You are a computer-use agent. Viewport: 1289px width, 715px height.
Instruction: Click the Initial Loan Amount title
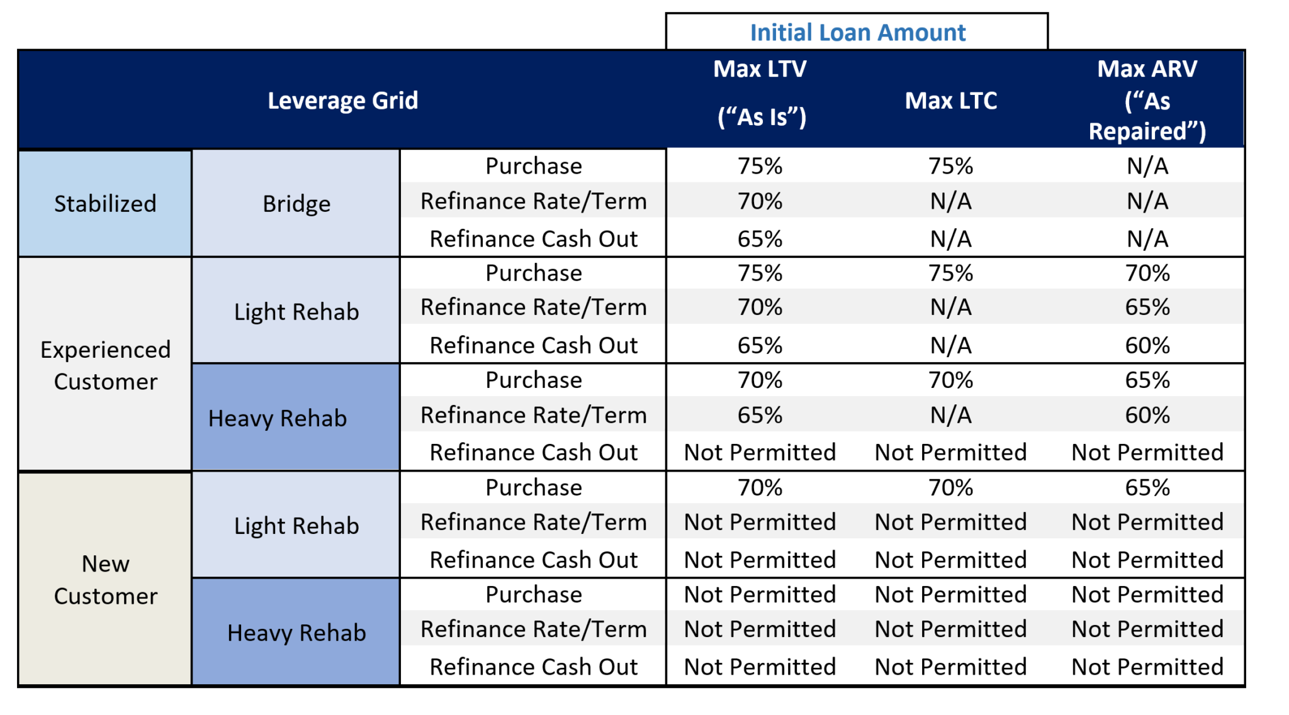857,33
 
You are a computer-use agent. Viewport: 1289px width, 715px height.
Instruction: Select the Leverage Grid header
342,101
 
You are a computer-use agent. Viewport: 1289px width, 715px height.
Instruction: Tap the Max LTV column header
760,92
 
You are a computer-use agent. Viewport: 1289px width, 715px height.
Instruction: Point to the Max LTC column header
950,101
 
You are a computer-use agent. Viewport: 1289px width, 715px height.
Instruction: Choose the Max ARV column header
1147,100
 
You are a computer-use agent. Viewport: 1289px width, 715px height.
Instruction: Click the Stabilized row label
105,204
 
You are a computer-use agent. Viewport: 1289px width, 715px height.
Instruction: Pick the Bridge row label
296,204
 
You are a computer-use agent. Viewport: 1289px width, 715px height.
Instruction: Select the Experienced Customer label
105,365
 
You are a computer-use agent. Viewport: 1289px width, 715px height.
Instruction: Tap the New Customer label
105,580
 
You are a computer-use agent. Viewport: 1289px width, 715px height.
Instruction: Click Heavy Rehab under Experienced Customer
278,418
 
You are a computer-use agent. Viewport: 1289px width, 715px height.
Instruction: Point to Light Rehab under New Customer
296,526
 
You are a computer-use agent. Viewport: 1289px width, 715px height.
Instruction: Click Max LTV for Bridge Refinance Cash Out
760,239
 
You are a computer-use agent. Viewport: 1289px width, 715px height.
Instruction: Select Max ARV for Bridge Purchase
1147,166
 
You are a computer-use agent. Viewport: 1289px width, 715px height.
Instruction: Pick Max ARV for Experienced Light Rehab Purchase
1147,273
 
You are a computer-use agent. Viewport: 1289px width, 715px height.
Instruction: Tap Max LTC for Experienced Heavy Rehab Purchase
950,380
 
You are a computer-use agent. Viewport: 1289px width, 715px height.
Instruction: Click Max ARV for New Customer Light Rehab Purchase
1147,487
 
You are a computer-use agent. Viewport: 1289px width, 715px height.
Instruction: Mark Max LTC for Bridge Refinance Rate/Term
950,201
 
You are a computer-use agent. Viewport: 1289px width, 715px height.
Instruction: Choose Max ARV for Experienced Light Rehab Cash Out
1147,345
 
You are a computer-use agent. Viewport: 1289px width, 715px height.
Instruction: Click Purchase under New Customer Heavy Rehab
534,594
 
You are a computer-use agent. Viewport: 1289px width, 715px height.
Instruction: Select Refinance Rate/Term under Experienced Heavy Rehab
534,415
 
